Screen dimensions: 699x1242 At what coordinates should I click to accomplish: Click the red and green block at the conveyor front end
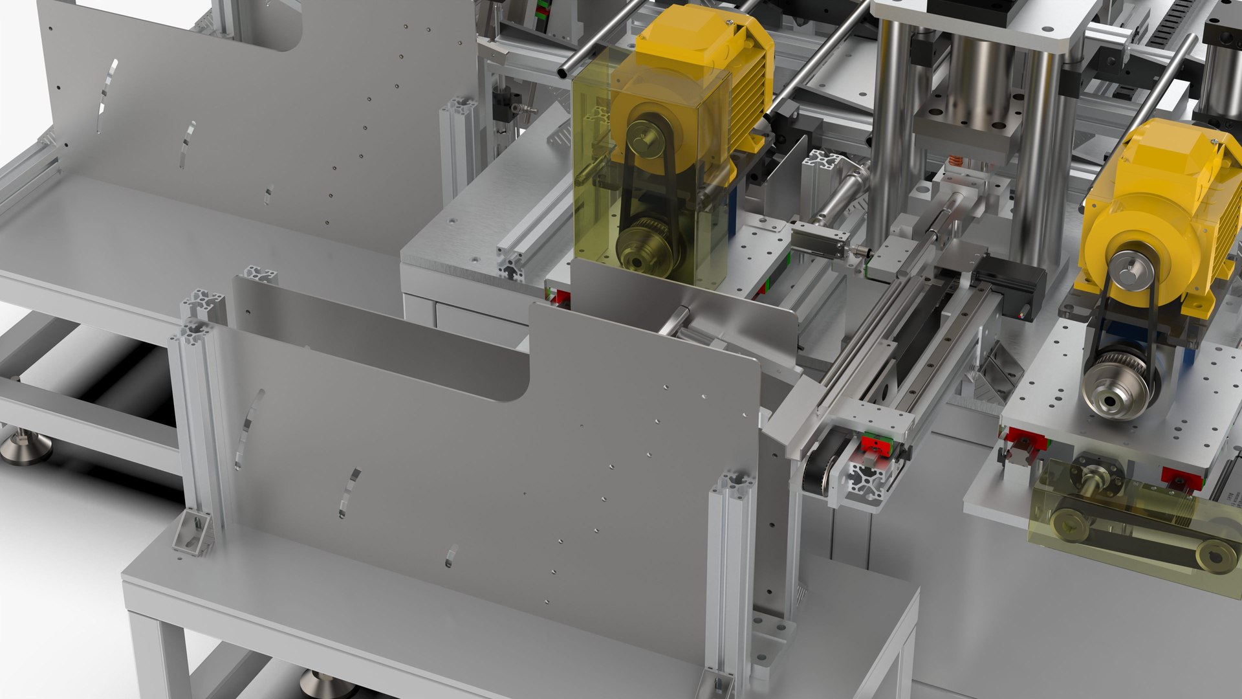[x=875, y=445]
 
